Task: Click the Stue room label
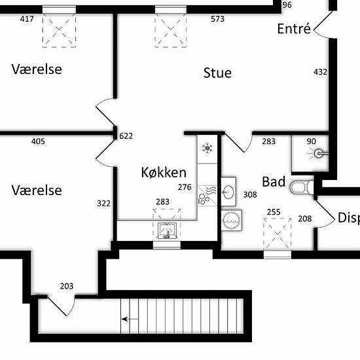(x=217, y=73)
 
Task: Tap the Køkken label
(x=164, y=172)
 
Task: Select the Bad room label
(x=274, y=181)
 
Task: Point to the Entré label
(x=294, y=28)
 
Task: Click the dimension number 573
(x=218, y=19)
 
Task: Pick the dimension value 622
(x=126, y=136)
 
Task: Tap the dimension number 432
(x=320, y=72)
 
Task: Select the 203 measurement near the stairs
(x=67, y=286)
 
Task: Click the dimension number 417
(x=27, y=19)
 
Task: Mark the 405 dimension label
(x=38, y=141)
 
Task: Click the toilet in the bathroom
(x=302, y=187)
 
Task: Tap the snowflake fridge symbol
(x=207, y=149)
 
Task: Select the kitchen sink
(x=167, y=231)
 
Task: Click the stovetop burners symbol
(x=202, y=199)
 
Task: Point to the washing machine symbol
(x=232, y=220)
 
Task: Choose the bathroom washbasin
(x=228, y=192)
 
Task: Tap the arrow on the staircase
(x=130, y=319)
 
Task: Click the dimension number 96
(x=287, y=5)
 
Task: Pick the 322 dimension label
(x=104, y=204)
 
